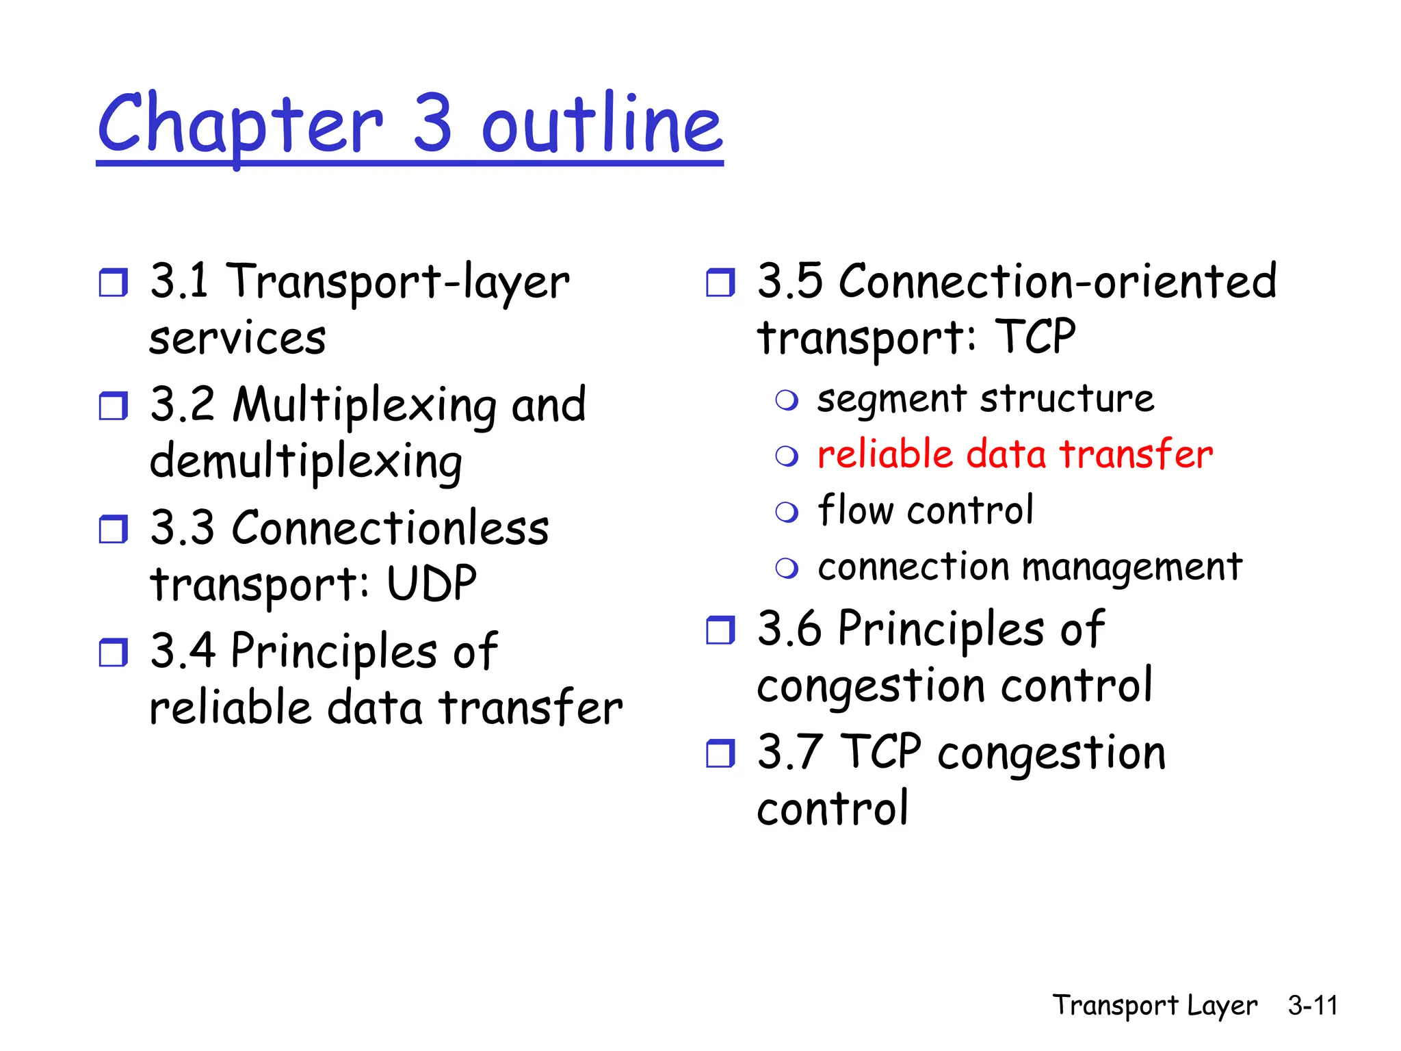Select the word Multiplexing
pyautogui.click(x=363, y=405)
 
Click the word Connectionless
pyautogui.click(x=390, y=528)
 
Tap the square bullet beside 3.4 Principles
pyautogui.click(x=113, y=652)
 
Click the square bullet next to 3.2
pyautogui.click(x=113, y=406)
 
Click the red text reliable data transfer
pyautogui.click(x=1014, y=454)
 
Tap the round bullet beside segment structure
pyautogui.click(x=787, y=400)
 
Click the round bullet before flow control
pyautogui.click(x=787, y=512)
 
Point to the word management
pyautogui.click(x=1131, y=568)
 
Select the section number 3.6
pyautogui.click(x=789, y=628)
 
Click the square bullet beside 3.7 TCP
pyautogui.click(x=720, y=753)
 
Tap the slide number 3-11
pyautogui.click(x=1312, y=1005)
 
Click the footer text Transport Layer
pyautogui.click(x=1155, y=1005)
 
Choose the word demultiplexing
pyautogui.click(x=306, y=462)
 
